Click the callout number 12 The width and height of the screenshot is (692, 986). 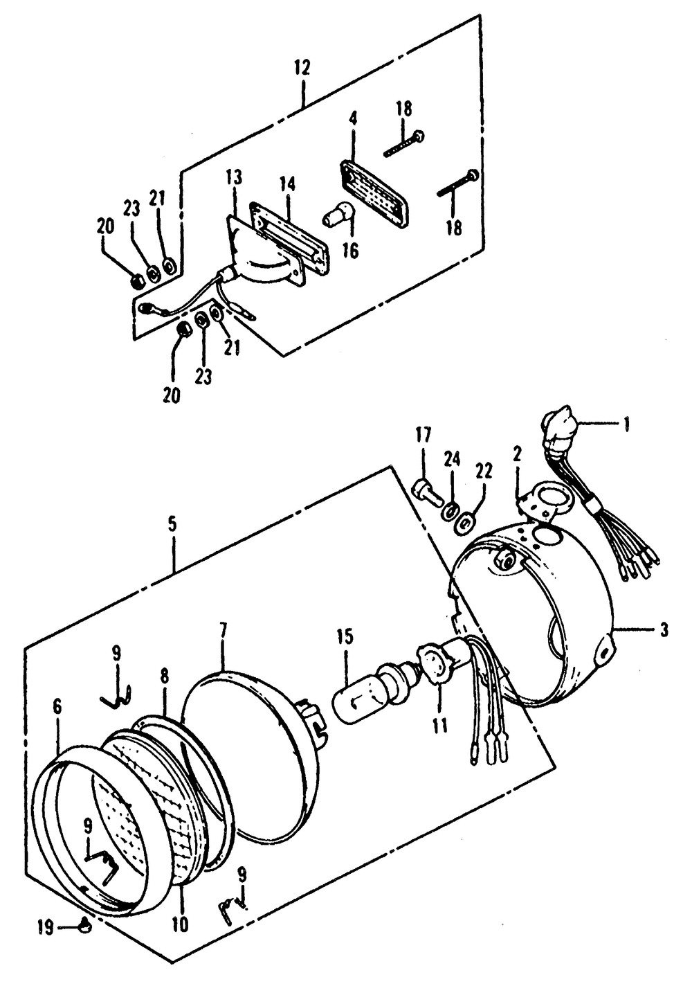[x=302, y=69]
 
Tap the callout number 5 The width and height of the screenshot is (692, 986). [x=172, y=524]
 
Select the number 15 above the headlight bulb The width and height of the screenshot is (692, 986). [x=345, y=638]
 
